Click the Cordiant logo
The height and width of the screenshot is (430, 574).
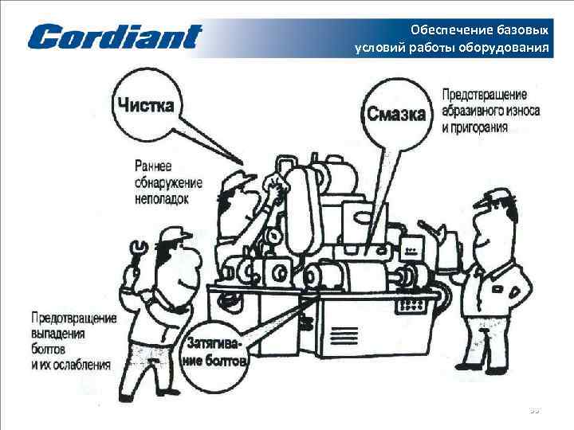pyautogui.click(x=116, y=37)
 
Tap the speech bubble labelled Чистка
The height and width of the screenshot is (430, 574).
pyautogui.click(x=146, y=104)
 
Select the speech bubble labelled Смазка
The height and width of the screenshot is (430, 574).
pyautogui.click(x=395, y=114)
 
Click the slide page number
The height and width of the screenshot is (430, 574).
pyautogui.click(x=535, y=411)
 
